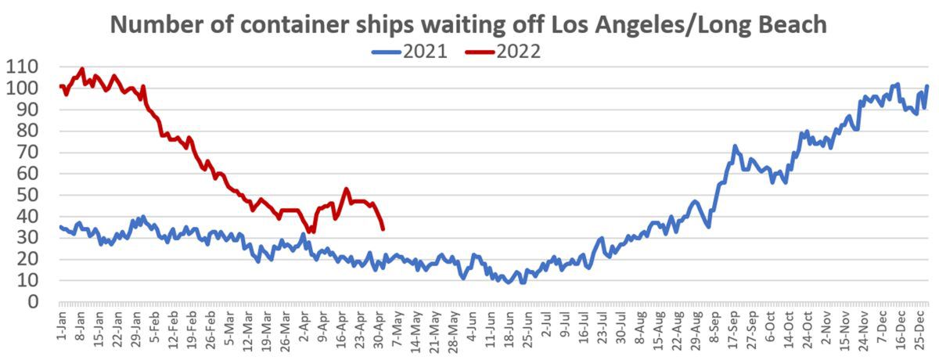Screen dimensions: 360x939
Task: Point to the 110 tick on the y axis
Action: (23, 67)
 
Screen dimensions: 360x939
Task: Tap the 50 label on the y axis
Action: (29, 195)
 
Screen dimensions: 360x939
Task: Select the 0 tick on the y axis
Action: (34, 301)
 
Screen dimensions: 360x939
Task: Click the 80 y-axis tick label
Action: (29, 131)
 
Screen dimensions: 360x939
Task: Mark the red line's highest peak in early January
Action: (82, 69)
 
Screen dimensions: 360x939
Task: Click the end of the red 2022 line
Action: (383, 229)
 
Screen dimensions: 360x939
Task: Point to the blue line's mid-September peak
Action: (735, 146)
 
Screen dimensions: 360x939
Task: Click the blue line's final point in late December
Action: (927, 86)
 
